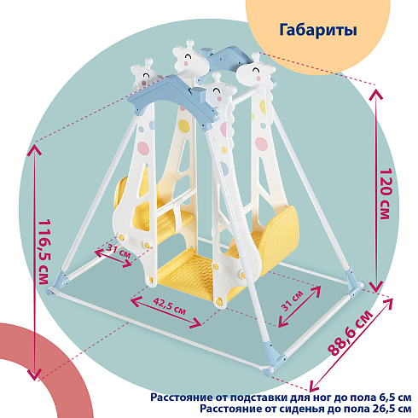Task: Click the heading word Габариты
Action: [318, 30]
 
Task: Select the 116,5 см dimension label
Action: [44, 252]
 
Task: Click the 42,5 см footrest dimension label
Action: [170, 306]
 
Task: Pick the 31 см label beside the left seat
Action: [119, 251]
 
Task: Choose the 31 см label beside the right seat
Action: [293, 301]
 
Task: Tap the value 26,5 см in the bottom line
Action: [393, 409]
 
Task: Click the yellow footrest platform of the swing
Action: [189, 273]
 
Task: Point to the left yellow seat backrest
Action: [121, 194]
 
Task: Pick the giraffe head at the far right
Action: [256, 72]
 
